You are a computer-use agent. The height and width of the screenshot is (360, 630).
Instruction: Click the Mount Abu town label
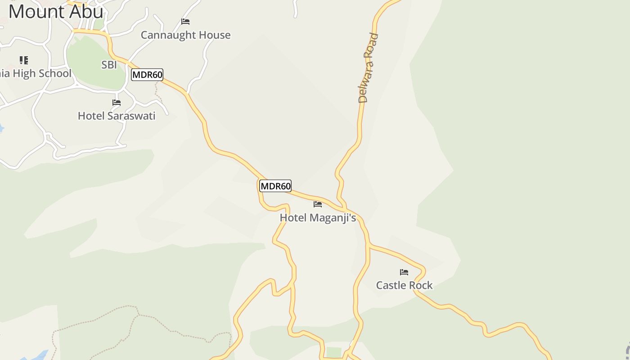pos(56,11)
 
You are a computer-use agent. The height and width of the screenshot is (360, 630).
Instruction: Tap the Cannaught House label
pos(185,35)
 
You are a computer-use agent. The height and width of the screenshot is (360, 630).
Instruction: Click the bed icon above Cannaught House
pos(185,22)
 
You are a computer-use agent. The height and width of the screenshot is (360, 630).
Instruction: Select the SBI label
pos(109,65)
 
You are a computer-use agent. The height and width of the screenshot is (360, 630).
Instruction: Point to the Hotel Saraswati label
pos(117,116)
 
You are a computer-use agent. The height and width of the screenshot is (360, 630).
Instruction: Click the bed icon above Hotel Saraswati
pos(117,103)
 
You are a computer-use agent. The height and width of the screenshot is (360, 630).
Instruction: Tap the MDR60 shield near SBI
pos(147,75)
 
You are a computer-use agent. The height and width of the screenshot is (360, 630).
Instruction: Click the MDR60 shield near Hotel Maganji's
pos(275,186)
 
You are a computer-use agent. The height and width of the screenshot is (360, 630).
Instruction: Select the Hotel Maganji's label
pos(318,218)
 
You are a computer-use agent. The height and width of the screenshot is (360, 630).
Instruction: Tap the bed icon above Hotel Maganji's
pos(318,204)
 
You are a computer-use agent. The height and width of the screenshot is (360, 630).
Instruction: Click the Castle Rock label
pos(404,285)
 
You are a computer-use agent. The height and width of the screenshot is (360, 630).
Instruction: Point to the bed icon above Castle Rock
pos(404,272)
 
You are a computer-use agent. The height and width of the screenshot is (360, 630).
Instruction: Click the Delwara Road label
pos(369,68)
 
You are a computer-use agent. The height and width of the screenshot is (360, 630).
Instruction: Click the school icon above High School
pos(24,60)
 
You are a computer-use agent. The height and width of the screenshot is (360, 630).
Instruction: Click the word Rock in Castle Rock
pos(421,285)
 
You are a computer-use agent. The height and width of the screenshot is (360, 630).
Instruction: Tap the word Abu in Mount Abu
pos(87,11)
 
